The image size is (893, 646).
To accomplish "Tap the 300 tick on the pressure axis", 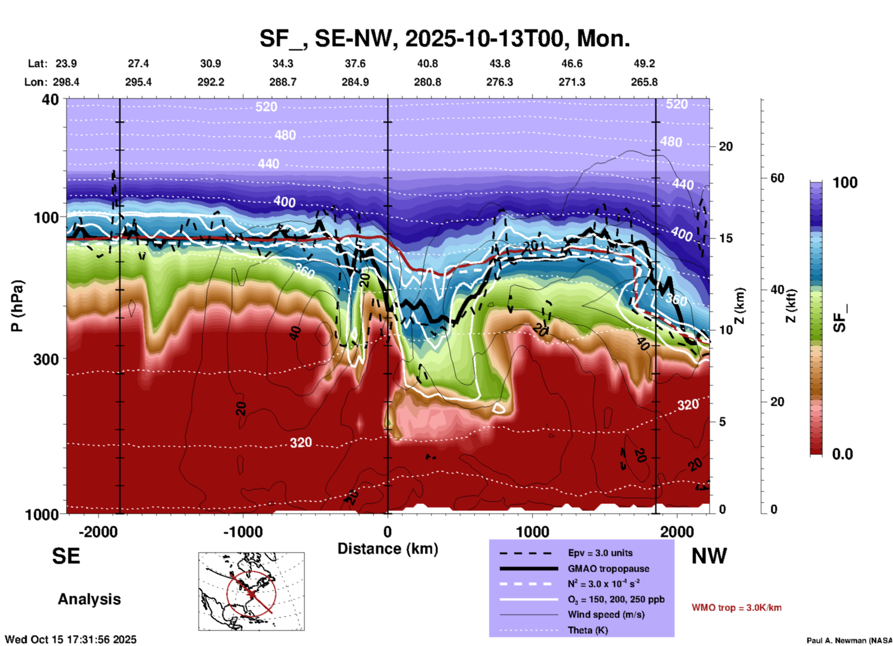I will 46,359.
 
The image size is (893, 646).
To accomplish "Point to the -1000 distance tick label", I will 242,532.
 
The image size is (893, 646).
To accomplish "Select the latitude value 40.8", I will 427,63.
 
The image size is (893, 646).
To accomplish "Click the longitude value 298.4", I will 66,82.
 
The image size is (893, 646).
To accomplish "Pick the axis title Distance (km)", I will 388,549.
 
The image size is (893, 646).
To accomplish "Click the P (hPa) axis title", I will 17,306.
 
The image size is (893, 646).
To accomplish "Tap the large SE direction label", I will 66,556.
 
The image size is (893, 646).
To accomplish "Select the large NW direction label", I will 709,556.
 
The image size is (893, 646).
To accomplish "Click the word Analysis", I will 89,599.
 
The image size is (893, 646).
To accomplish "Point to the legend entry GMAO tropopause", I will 608,569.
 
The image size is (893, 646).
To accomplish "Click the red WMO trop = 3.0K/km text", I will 736,608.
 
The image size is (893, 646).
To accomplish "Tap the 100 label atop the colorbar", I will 845,183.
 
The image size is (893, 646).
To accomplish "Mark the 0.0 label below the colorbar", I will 842,454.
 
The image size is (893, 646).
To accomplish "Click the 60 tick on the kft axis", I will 777,178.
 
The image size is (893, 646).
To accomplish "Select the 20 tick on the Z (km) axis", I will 726,146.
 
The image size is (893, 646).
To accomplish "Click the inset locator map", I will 251,591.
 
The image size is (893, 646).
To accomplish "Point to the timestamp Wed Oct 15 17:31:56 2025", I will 70,640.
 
